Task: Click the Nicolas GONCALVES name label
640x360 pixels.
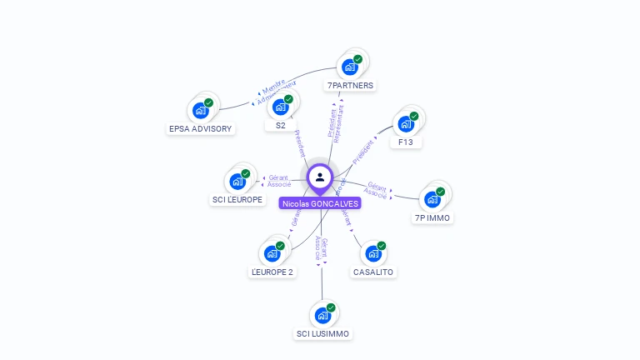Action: tap(321, 203)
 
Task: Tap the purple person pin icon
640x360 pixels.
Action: tap(320, 177)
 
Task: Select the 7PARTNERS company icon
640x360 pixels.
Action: tap(350, 67)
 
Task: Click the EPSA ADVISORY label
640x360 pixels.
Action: tap(200, 128)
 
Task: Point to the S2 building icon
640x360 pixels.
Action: tap(281, 107)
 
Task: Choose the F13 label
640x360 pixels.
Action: tap(406, 142)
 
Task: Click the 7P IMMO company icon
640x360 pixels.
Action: tap(432, 199)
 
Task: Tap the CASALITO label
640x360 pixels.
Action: tap(372, 272)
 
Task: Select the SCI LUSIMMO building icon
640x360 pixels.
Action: tap(322, 316)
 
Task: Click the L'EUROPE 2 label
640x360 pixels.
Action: tap(272, 272)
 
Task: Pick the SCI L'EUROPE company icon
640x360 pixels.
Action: tap(237, 181)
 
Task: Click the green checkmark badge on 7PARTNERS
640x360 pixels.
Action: tap(357, 59)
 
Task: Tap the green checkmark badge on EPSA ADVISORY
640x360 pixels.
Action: tap(208, 102)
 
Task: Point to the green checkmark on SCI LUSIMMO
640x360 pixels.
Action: tap(330, 307)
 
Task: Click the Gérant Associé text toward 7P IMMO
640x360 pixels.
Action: tap(377, 189)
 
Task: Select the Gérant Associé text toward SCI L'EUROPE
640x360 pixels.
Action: tap(279, 181)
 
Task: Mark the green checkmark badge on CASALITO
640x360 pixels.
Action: tap(381, 246)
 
